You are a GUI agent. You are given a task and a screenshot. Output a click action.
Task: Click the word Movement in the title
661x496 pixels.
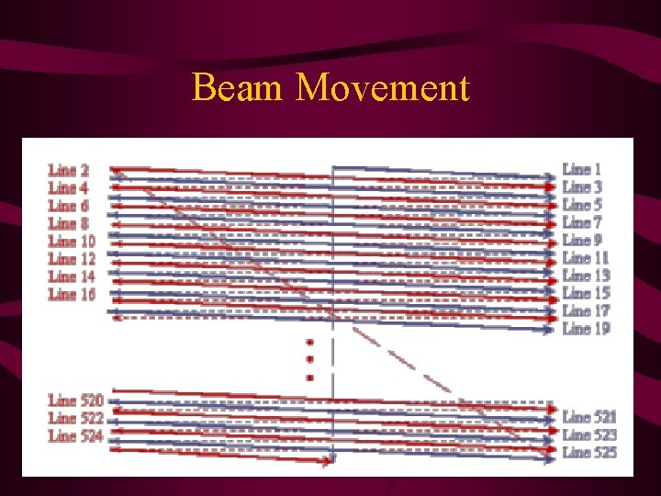(383, 88)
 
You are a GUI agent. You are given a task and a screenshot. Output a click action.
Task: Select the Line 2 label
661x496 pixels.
(69, 171)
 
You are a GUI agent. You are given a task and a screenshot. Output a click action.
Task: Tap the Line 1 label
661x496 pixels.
(582, 169)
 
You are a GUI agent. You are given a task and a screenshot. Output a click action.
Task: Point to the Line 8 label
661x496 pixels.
(69, 223)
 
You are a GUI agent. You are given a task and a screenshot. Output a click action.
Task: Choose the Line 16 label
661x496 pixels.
(72, 294)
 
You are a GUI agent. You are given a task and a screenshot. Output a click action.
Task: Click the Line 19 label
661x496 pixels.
(586, 328)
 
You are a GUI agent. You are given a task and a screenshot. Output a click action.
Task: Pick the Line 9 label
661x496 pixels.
(582, 240)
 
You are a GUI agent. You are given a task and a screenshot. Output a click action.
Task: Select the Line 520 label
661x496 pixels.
(75, 400)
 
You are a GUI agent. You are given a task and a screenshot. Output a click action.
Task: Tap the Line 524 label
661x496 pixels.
(75, 435)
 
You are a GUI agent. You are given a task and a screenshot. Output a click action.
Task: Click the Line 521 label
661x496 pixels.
(589, 417)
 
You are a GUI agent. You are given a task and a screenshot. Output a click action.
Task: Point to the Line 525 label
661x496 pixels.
(589, 452)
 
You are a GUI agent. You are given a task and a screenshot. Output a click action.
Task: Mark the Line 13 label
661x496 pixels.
(586, 276)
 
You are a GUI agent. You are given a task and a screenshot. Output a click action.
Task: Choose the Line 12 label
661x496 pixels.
(72, 259)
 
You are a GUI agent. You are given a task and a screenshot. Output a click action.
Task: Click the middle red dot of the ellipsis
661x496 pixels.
(309, 359)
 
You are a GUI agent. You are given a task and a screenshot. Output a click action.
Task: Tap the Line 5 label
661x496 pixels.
(582, 205)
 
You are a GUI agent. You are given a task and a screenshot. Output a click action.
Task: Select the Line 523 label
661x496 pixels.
(589, 434)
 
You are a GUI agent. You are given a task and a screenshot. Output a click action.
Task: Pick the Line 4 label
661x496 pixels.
(69, 188)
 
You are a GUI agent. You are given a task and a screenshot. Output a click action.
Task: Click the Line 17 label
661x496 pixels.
(586, 310)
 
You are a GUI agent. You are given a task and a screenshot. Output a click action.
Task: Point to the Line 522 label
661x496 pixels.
(75, 418)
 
